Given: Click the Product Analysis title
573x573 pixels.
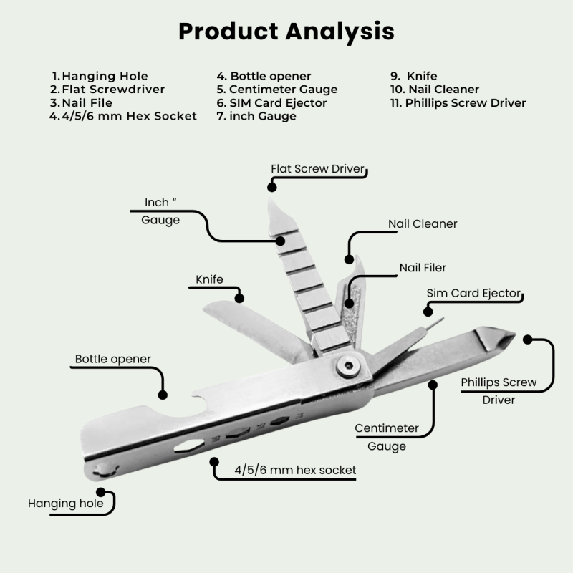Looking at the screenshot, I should pyautogui.click(x=286, y=32).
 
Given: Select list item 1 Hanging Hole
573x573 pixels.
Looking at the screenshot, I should pyautogui.click(x=100, y=76).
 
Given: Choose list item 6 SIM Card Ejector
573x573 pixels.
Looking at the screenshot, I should pyautogui.click(x=271, y=102).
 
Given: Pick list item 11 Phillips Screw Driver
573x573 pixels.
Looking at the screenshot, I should pyautogui.click(x=458, y=102).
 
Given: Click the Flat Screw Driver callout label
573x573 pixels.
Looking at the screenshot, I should pyautogui.click(x=318, y=170).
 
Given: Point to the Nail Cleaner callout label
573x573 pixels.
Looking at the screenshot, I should pyautogui.click(x=423, y=224).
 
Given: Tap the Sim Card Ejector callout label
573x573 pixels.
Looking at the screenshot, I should pyautogui.click(x=473, y=294).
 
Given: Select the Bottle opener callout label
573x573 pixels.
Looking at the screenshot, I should pyautogui.click(x=113, y=358).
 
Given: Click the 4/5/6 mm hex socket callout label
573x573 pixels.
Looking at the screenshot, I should pyautogui.click(x=295, y=470).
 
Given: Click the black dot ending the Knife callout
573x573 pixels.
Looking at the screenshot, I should pyautogui.click(x=239, y=297).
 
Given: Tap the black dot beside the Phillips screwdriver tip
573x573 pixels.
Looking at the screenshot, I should pyautogui.click(x=529, y=339).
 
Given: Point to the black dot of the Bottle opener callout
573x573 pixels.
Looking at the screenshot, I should pyautogui.click(x=163, y=393).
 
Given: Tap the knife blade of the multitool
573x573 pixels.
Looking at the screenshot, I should pyautogui.click(x=244, y=319).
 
